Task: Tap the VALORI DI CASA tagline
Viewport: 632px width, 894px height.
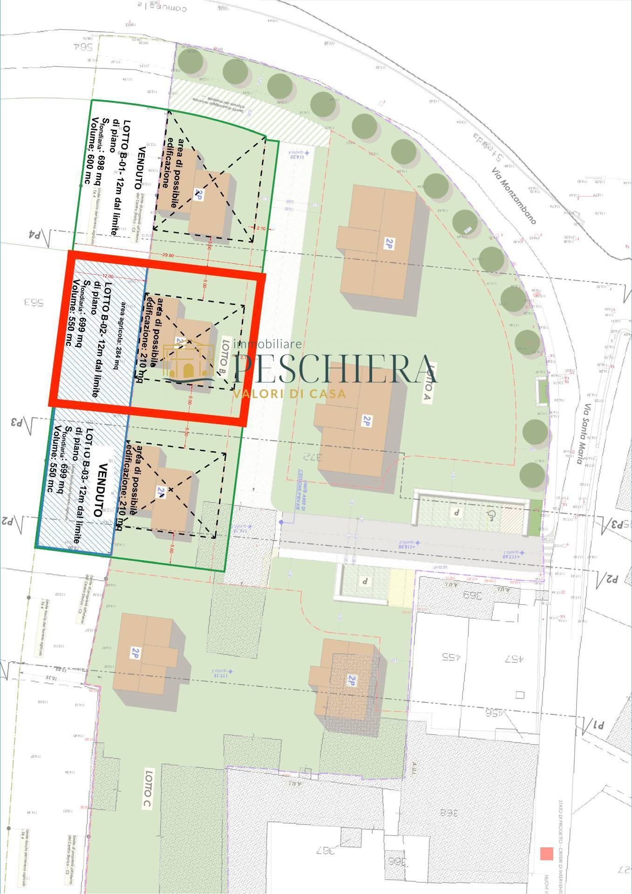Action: [x=289, y=394]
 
